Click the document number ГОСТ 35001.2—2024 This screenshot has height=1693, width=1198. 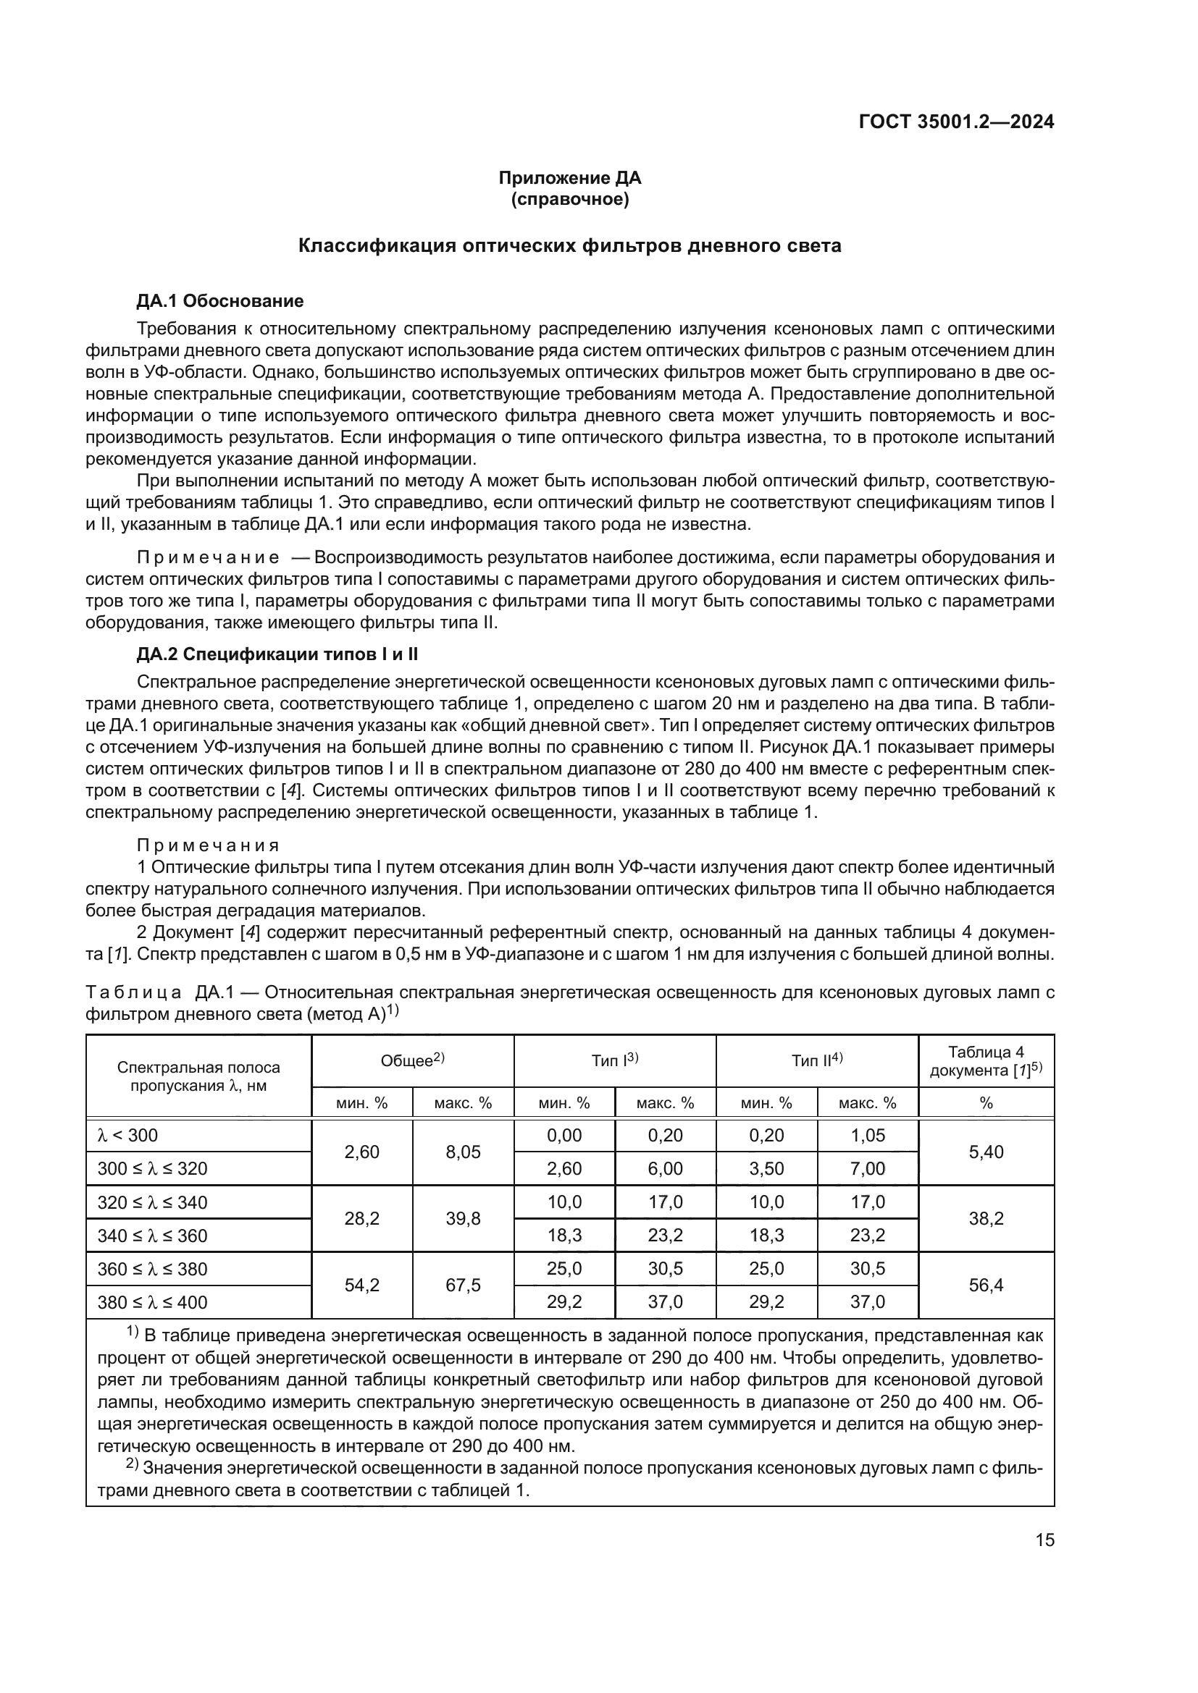956,122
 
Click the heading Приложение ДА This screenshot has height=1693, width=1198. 569,178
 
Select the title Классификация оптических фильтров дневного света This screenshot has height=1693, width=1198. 569,245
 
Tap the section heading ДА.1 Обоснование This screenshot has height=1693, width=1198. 220,301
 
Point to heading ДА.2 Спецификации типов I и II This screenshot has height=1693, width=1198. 277,654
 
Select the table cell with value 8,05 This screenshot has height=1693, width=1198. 463,1152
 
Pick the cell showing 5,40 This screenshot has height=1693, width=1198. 986,1152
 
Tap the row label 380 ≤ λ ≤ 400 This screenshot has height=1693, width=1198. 153,1302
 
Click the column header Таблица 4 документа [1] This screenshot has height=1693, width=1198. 986,1061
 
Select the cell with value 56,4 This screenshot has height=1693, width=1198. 986,1285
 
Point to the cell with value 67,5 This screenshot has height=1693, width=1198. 463,1285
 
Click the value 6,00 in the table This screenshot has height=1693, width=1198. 665,1169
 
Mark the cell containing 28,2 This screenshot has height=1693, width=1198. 361,1219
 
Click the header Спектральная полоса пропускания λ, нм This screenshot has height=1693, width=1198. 198,1076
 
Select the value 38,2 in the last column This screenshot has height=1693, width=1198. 986,1219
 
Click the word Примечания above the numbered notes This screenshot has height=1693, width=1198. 208,845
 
